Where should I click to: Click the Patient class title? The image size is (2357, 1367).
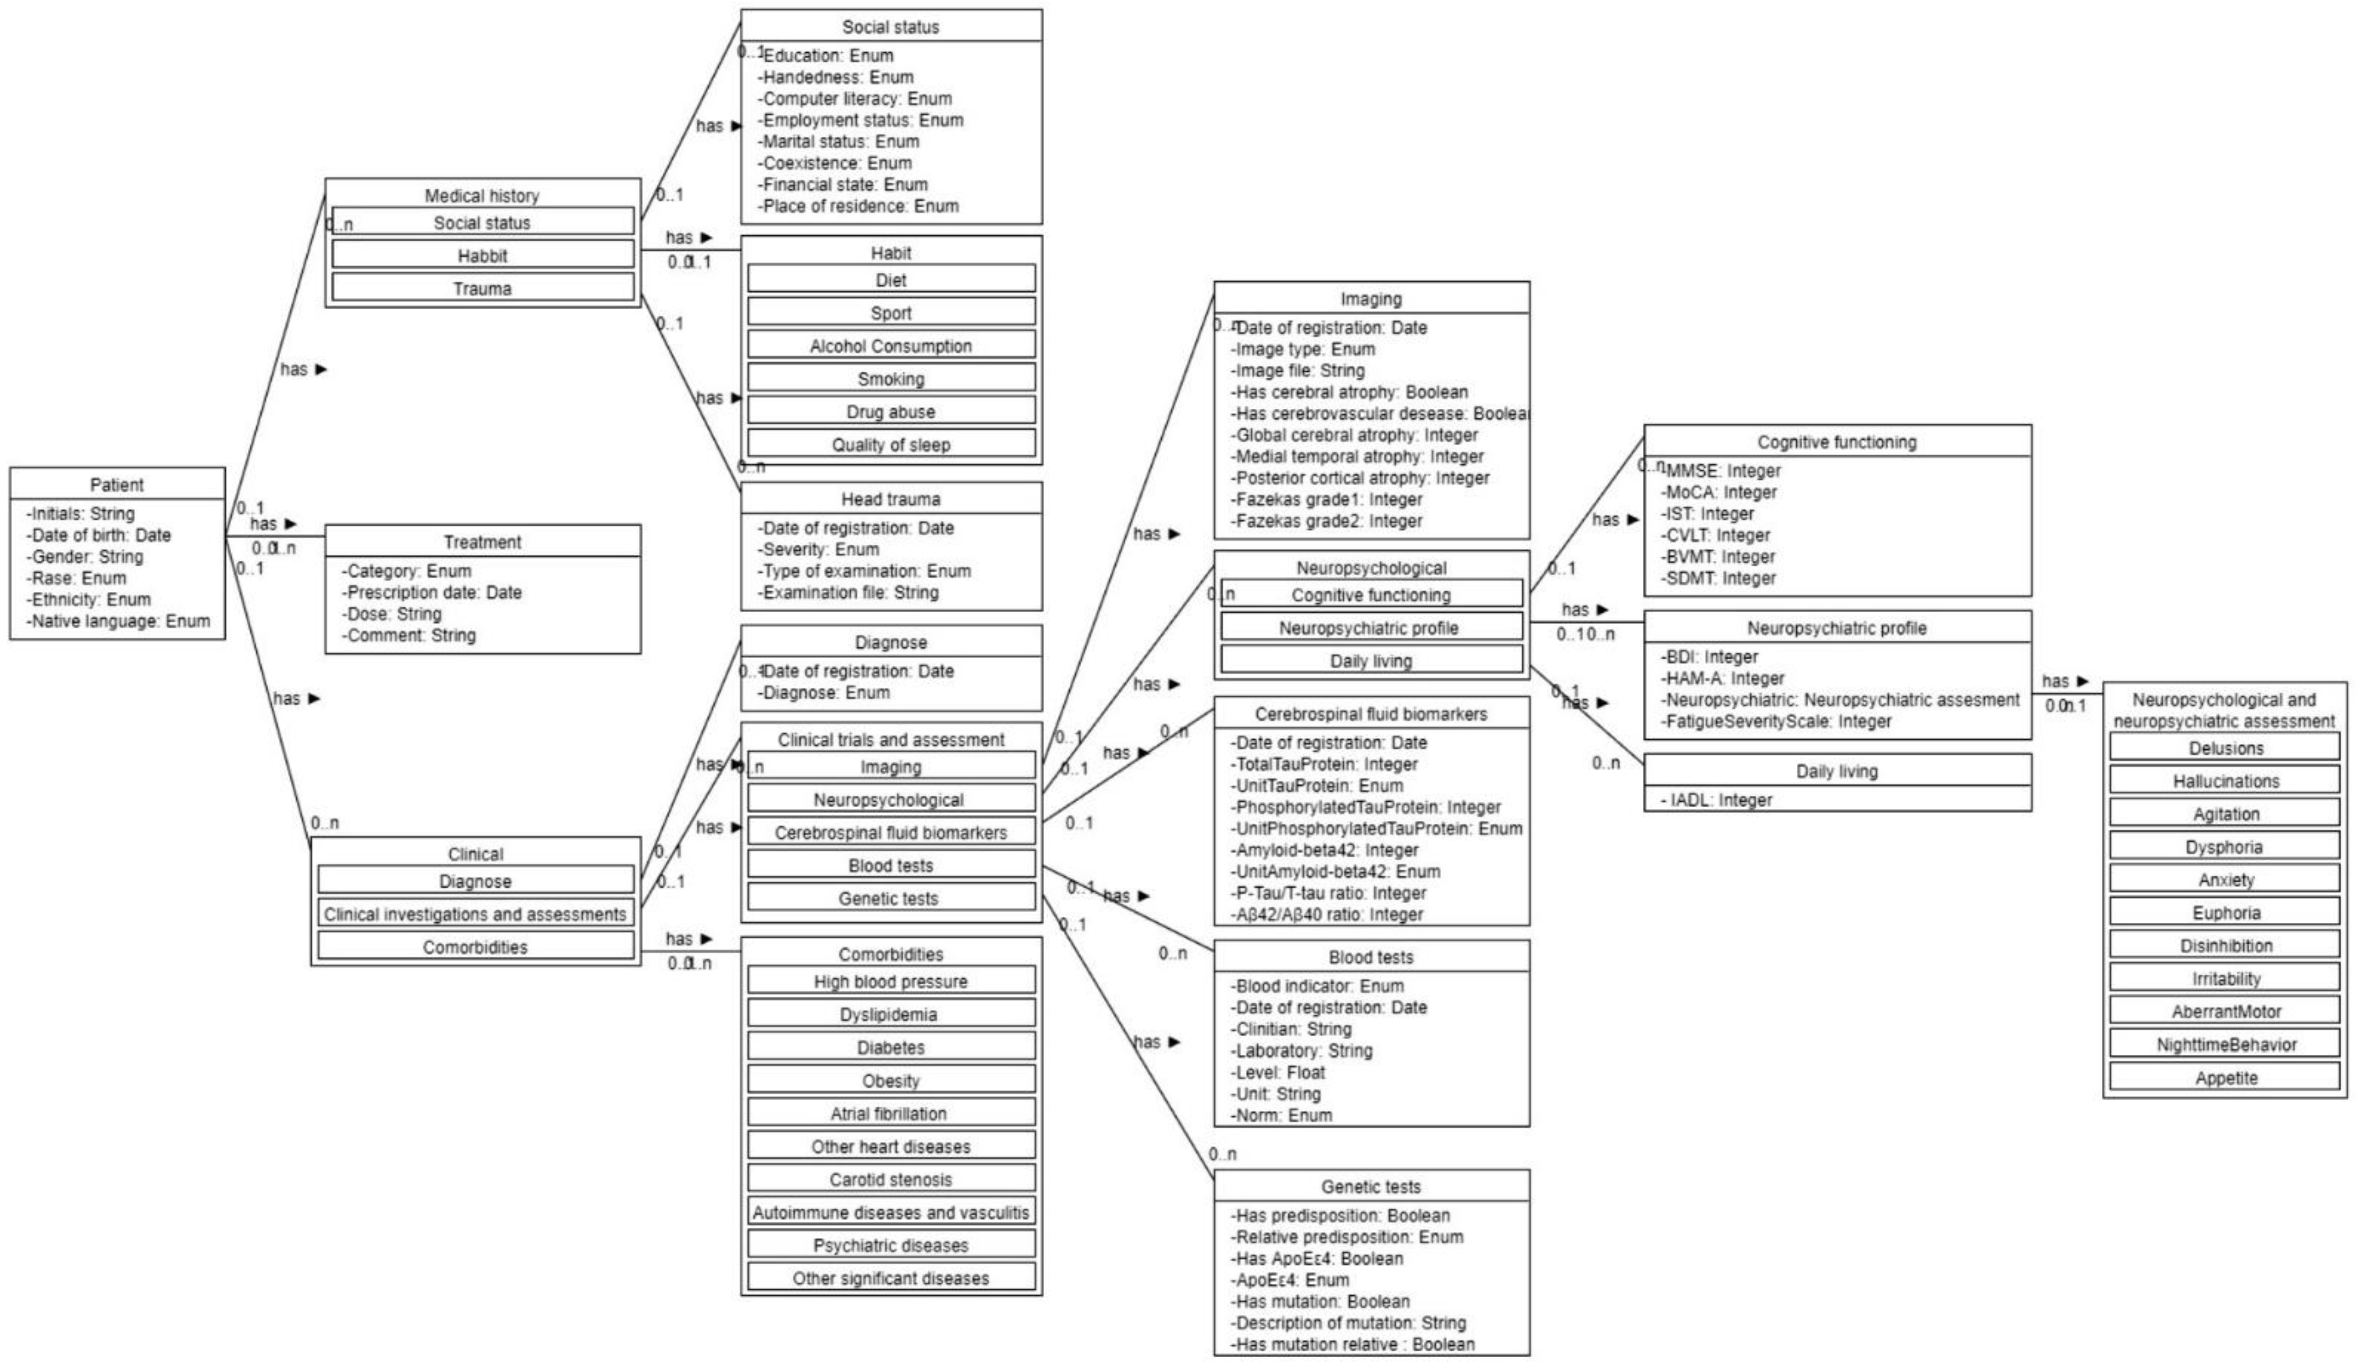pyautogui.click(x=117, y=484)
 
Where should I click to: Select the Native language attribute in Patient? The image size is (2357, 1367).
pyautogui.click(x=119, y=621)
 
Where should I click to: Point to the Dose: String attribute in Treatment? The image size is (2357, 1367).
pyautogui.click(x=391, y=613)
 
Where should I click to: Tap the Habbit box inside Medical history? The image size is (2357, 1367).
pyautogui.click(x=482, y=255)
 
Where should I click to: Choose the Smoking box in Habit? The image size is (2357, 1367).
pyautogui.click(x=890, y=379)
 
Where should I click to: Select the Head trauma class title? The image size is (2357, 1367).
pyautogui.click(x=890, y=500)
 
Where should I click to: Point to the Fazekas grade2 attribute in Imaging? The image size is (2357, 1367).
pyautogui.click(x=1327, y=521)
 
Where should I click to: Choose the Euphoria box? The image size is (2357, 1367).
pyautogui.click(x=2226, y=913)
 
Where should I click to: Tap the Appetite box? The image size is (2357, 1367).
pyautogui.click(x=2226, y=1077)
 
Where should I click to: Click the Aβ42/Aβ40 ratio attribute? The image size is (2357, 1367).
pyautogui.click(x=1327, y=914)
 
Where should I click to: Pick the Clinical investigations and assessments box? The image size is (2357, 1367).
pyautogui.click(x=475, y=914)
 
